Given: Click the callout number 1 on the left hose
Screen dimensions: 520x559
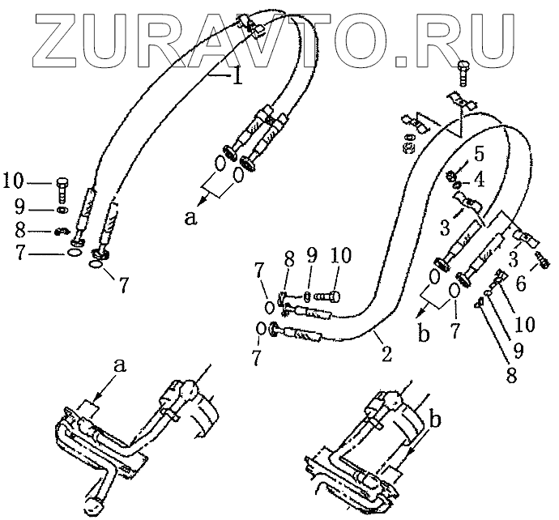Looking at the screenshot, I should tap(237, 79).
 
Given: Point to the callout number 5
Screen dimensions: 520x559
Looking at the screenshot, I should tap(480, 151).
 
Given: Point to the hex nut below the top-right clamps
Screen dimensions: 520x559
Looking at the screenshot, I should tap(409, 148).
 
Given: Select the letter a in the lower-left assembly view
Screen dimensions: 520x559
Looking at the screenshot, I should tap(122, 366).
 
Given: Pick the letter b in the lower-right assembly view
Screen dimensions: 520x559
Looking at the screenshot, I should tap(436, 419).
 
